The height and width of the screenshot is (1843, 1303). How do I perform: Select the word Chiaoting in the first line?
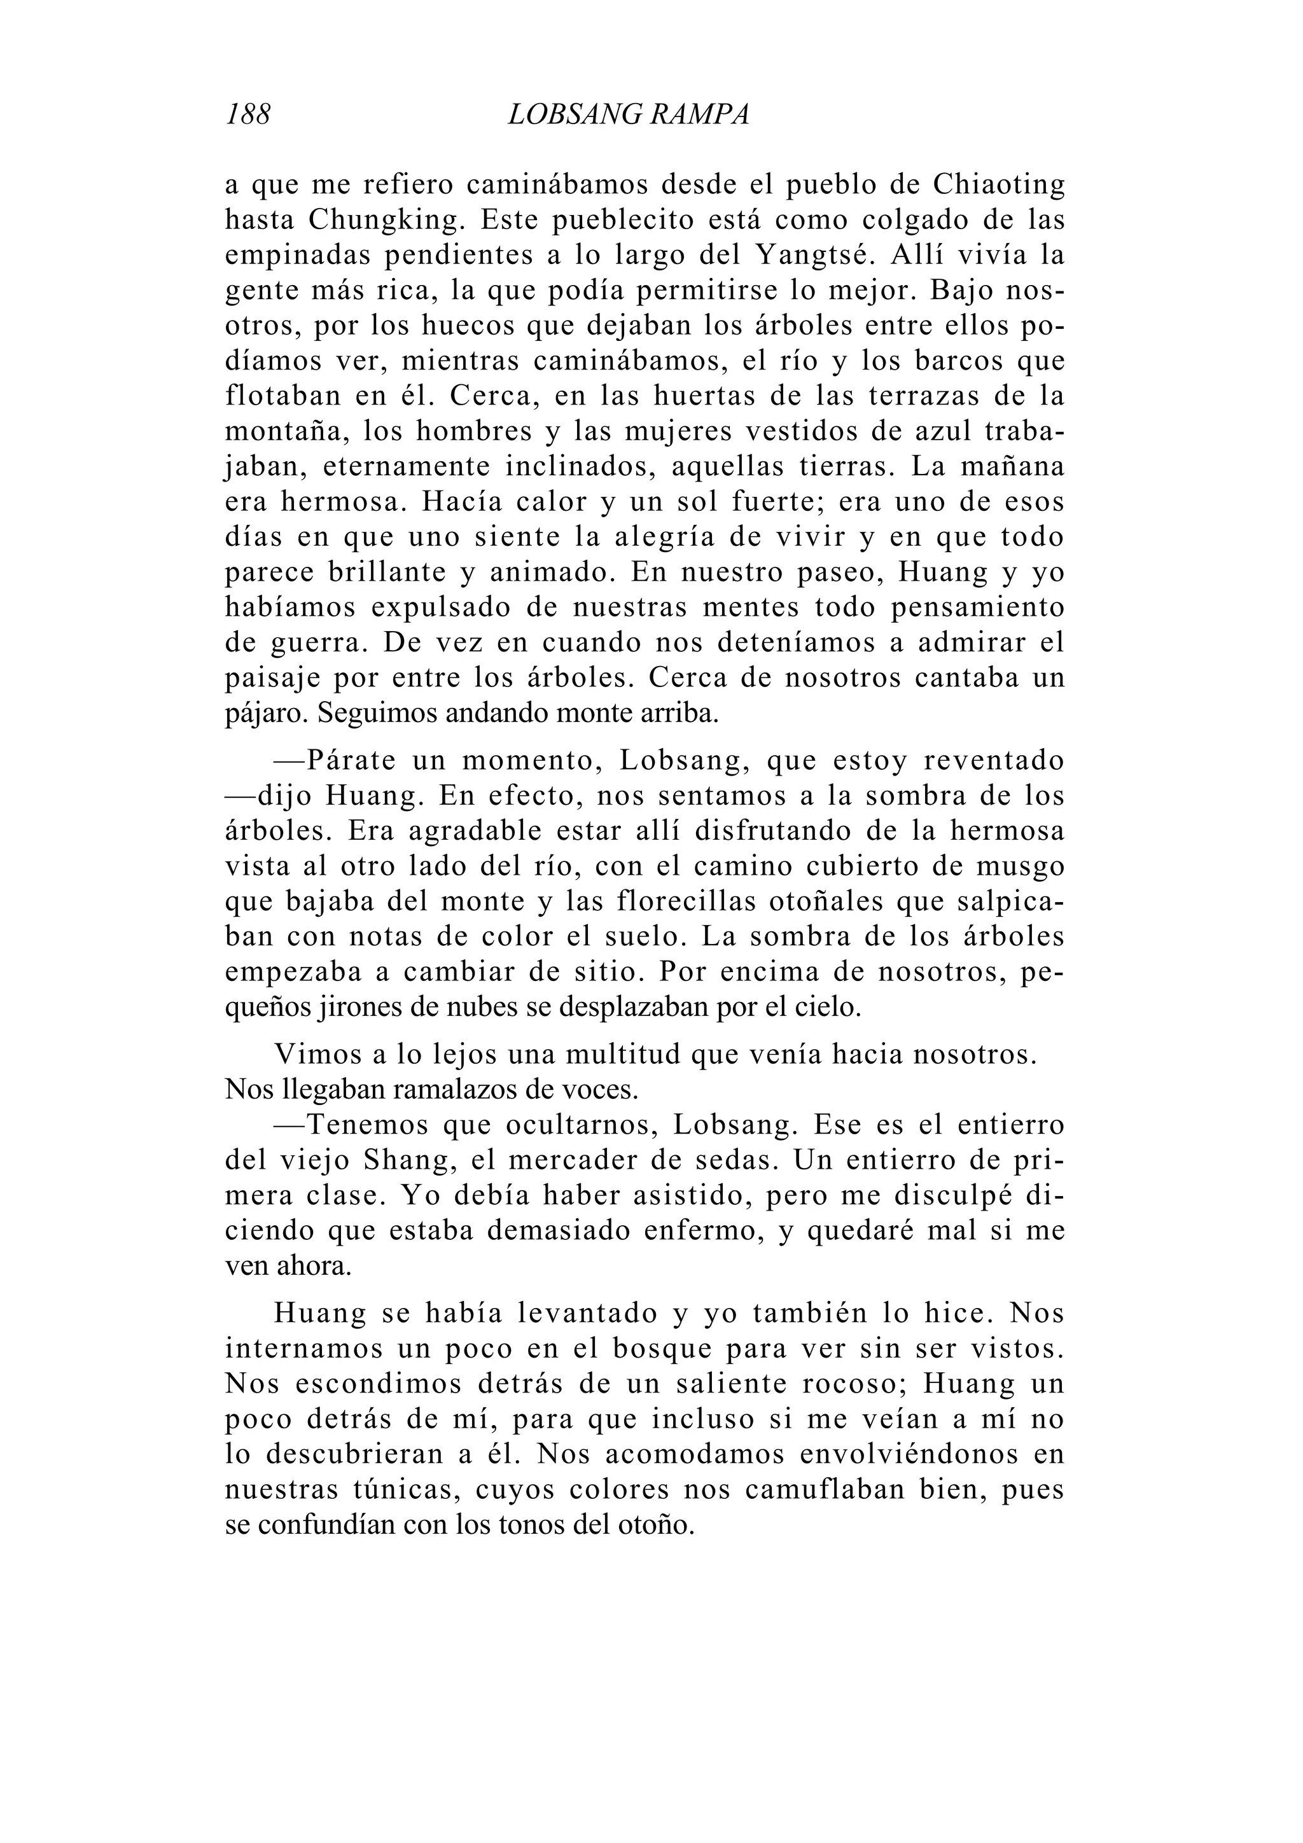[999, 185]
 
